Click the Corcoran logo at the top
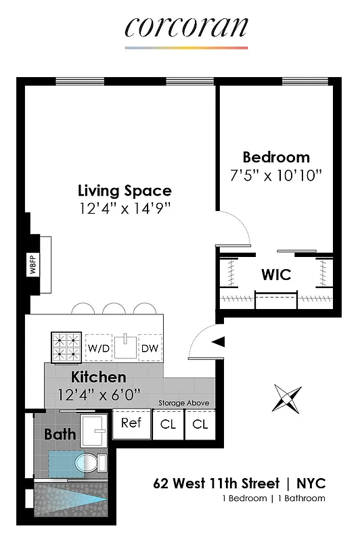click(186, 28)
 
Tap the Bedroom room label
click(276, 158)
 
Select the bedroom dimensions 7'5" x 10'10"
click(276, 175)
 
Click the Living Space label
click(124, 191)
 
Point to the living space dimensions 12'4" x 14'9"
click(124, 208)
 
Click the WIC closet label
click(276, 275)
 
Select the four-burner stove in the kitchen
click(67, 346)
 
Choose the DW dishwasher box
click(149, 348)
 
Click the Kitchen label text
click(99, 377)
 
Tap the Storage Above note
click(183, 403)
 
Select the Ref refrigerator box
click(131, 423)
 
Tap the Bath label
click(60, 434)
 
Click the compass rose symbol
click(287, 398)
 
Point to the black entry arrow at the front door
click(218, 343)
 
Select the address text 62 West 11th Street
click(216, 484)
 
